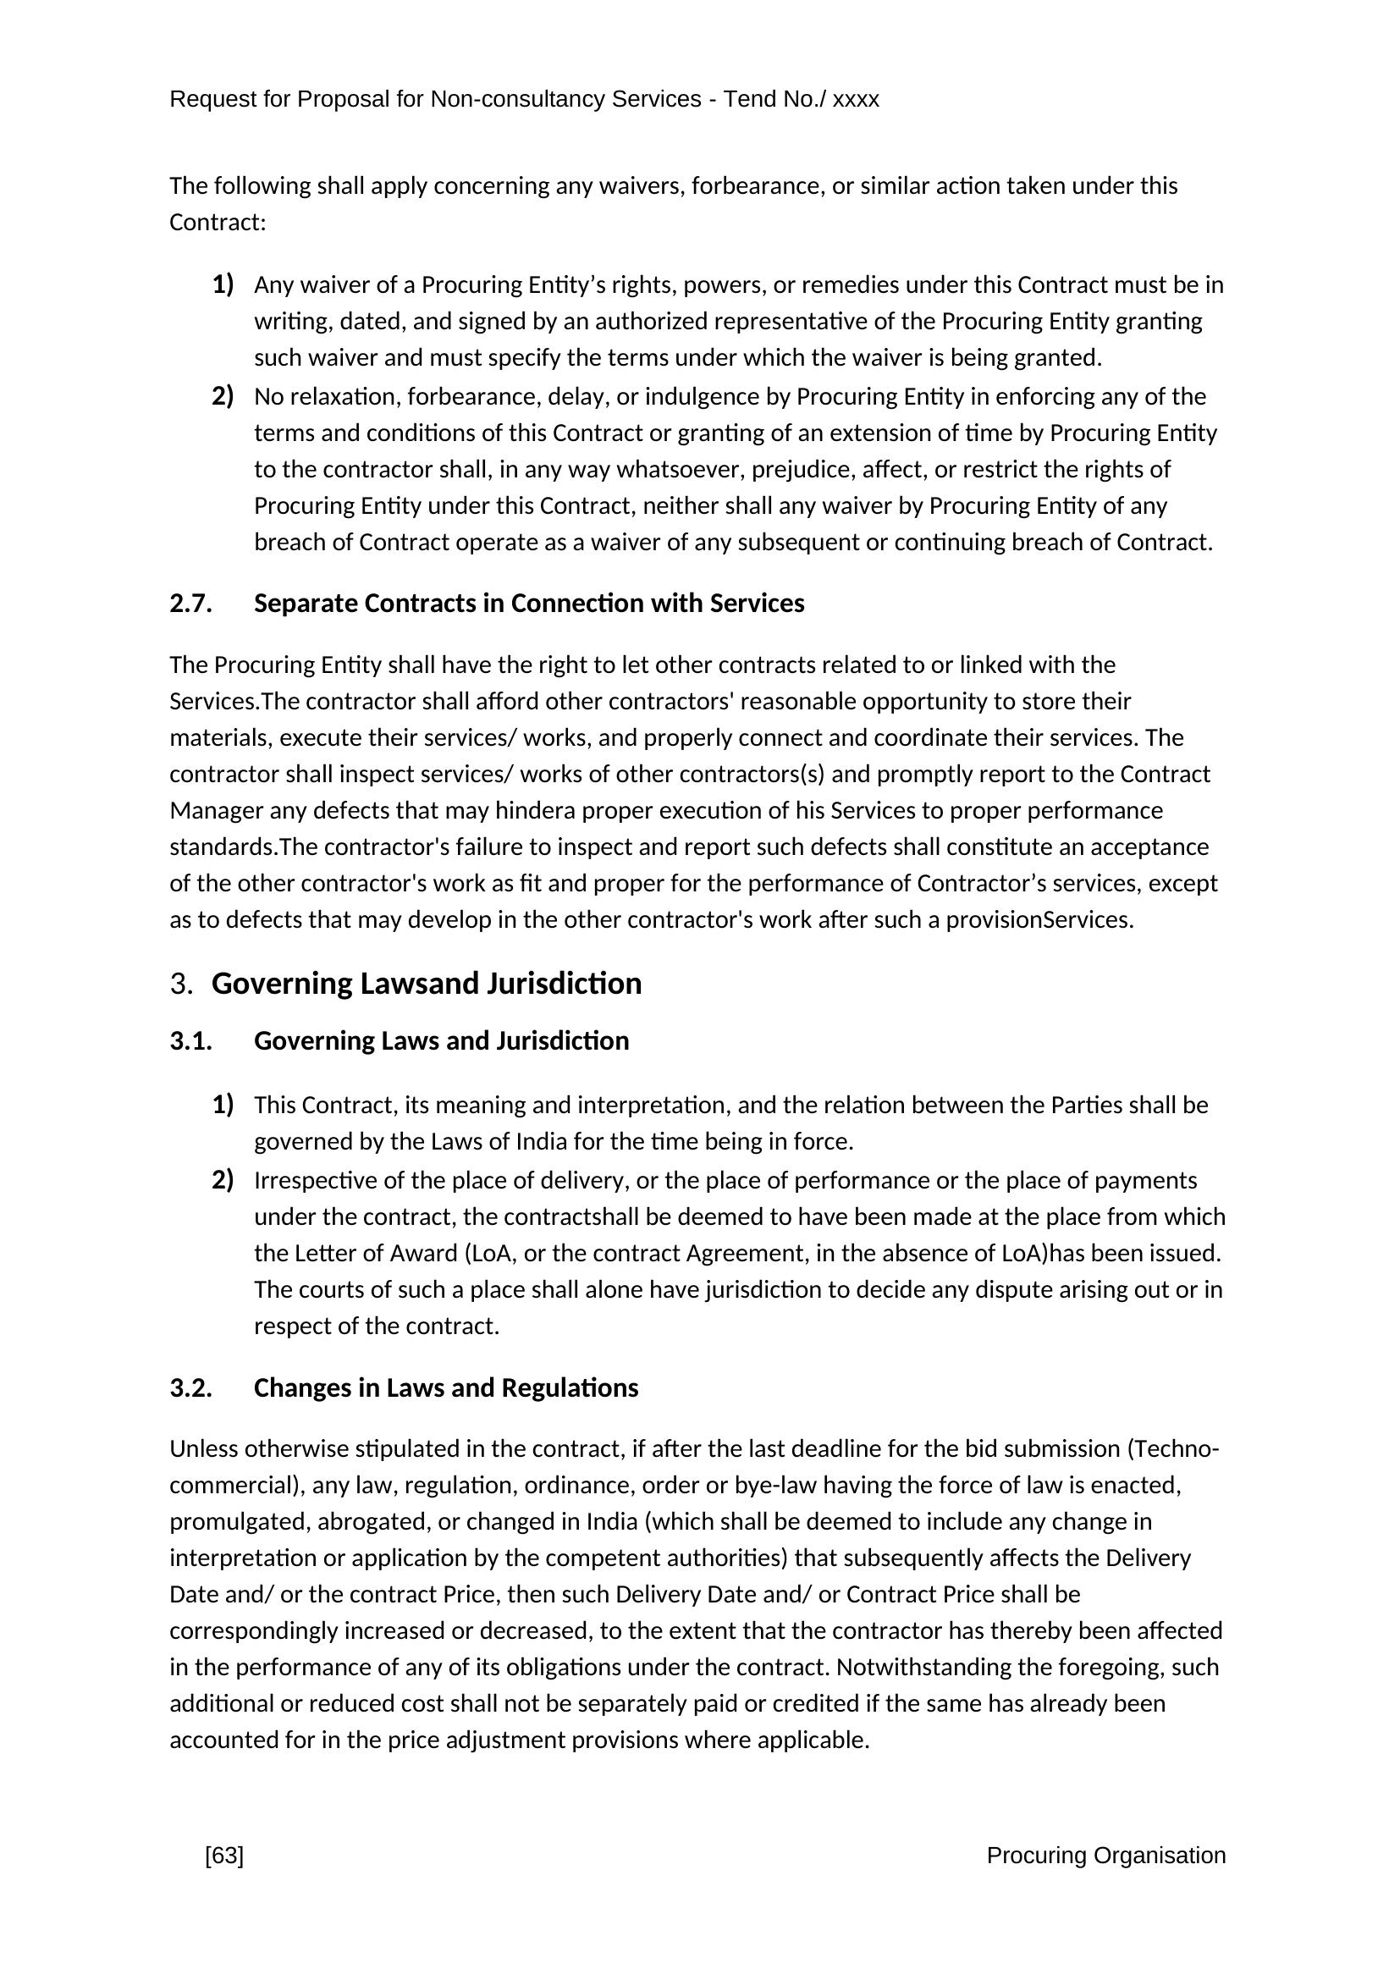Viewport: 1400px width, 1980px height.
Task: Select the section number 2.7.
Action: (x=190, y=604)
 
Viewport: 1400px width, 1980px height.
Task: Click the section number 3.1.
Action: (x=190, y=1042)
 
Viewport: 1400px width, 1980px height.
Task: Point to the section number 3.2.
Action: (x=190, y=1388)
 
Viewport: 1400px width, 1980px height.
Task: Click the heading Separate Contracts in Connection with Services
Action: (x=528, y=604)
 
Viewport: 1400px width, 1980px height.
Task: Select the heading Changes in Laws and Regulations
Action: (x=446, y=1388)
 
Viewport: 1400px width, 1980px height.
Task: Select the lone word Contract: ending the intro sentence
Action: (x=218, y=223)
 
